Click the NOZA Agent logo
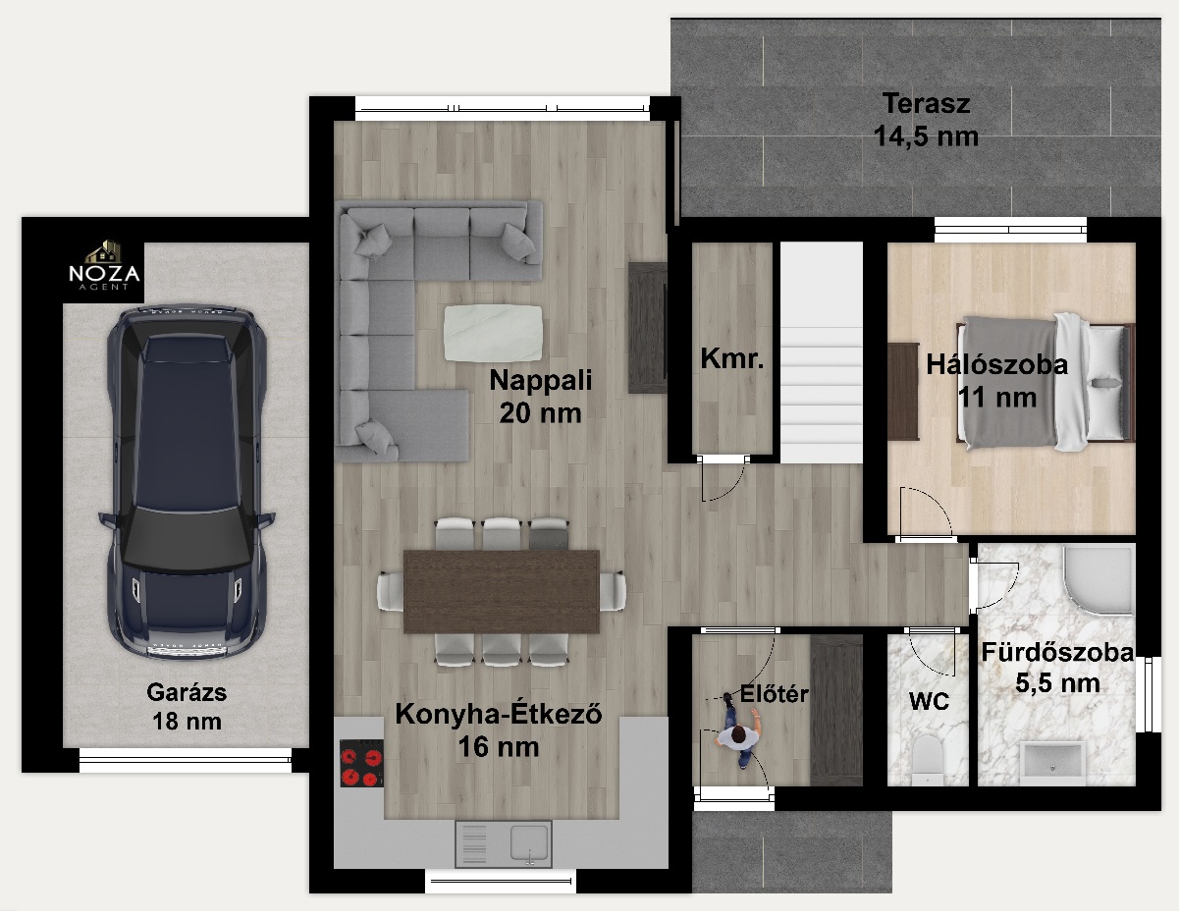pos(104,266)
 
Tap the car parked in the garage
pos(187,482)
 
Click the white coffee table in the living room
pos(493,333)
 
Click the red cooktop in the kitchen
pos(361,763)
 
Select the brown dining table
pos(502,591)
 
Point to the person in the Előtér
pos(739,730)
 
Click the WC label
pos(929,701)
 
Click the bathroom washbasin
pos(1052,762)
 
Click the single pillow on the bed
pos(1106,383)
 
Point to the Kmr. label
pos(732,358)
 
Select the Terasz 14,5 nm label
pos(926,120)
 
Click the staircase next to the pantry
pos(822,352)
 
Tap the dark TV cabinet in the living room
pos(647,328)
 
